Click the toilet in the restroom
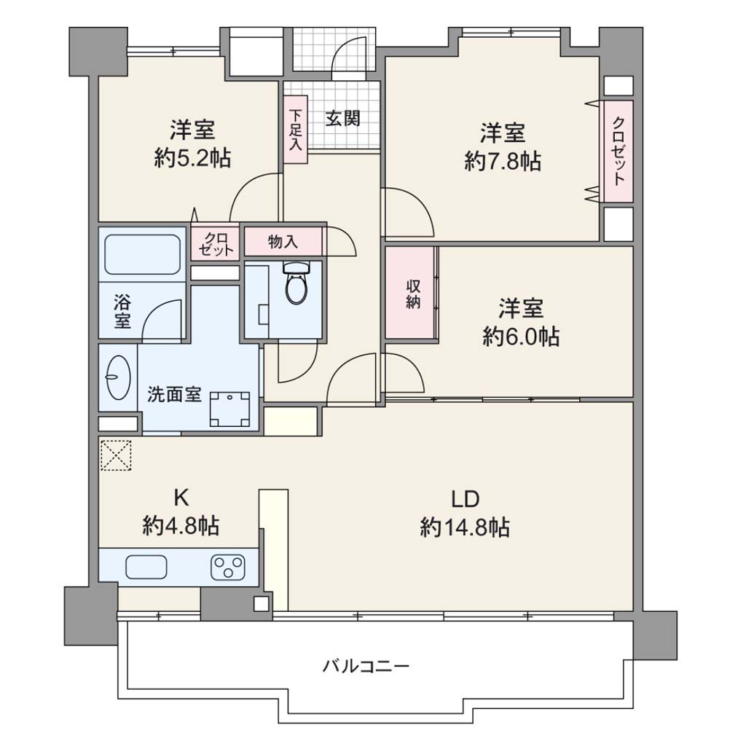pyautogui.click(x=296, y=283)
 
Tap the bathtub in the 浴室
pyautogui.click(x=142, y=254)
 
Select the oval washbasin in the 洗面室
pyautogui.click(x=118, y=378)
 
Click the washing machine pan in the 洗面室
pyautogui.click(x=230, y=409)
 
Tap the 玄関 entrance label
pyautogui.click(x=342, y=117)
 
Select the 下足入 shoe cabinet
pyautogui.click(x=296, y=130)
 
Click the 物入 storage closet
pyautogui.click(x=283, y=241)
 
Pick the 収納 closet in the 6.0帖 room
pyautogui.click(x=411, y=293)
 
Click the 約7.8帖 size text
pyautogui.click(x=503, y=162)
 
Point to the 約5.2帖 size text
pyautogui.click(x=192, y=158)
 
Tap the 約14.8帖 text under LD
pyautogui.click(x=465, y=527)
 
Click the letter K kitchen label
pyautogui.click(x=181, y=498)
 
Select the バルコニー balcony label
pyautogui.click(x=366, y=666)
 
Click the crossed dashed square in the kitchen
pyautogui.click(x=116, y=455)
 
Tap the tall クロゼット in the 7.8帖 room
pyautogui.click(x=618, y=151)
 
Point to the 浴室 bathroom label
pyautogui.click(x=122, y=311)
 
